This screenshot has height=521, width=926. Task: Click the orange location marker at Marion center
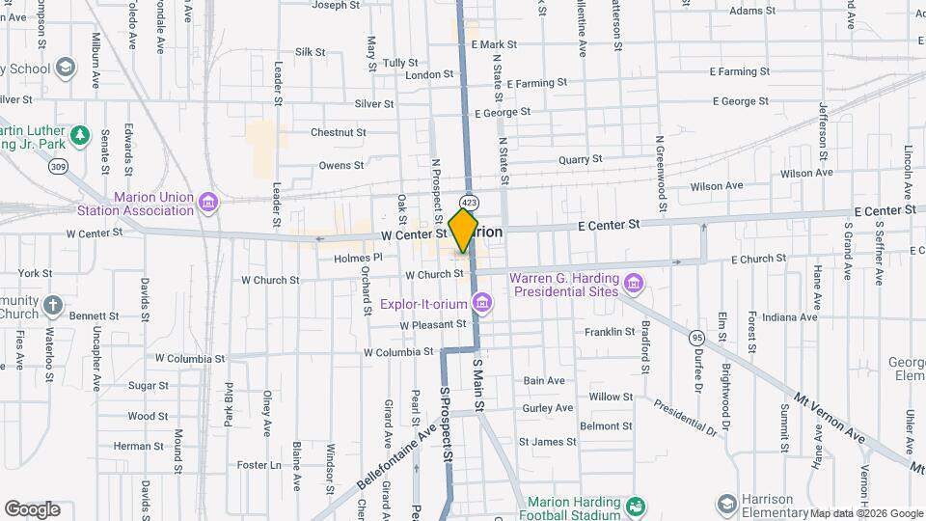tap(464, 231)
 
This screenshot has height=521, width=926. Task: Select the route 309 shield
tap(60, 166)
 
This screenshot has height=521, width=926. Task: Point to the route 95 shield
tap(696, 338)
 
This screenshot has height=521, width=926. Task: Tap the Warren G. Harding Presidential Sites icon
tap(633, 283)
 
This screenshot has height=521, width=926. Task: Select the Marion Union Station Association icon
tap(208, 204)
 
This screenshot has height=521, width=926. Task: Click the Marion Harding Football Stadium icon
tap(635, 506)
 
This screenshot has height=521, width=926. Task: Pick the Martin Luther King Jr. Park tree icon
tap(82, 134)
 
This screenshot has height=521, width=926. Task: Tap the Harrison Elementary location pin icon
tap(726, 504)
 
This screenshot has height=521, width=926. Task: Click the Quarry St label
tap(581, 158)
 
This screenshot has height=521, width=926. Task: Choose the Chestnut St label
tap(338, 132)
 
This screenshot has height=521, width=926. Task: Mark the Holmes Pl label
tap(358, 258)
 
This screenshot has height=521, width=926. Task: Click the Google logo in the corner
tap(32, 508)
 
